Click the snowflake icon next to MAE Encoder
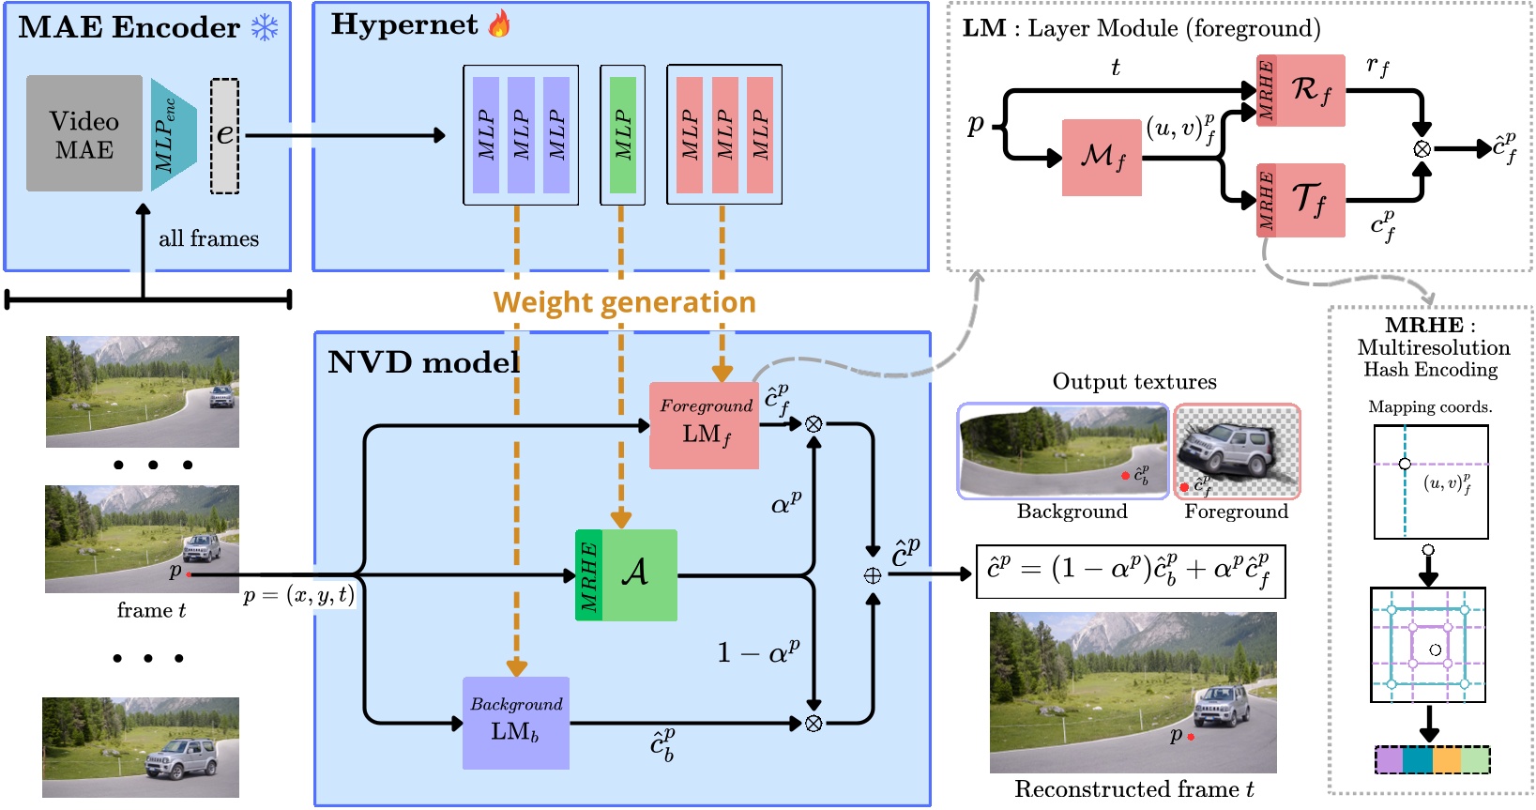pos(265,27)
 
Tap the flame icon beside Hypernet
pos(500,24)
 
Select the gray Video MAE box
pos(84,134)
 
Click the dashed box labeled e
pos(225,136)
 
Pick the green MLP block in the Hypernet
pos(622,135)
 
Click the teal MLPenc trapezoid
pos(173,135)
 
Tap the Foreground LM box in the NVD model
pos(705,425)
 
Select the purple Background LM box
pos(516,723)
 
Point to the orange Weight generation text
pos(624,302)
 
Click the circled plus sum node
pos(873,575)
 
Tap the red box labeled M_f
pos(1102,158)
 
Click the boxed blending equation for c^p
pos(1131,572)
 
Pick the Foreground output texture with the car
pos(1237,451)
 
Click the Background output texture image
pos(1062,451)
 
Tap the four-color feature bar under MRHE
pos(1432,759)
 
